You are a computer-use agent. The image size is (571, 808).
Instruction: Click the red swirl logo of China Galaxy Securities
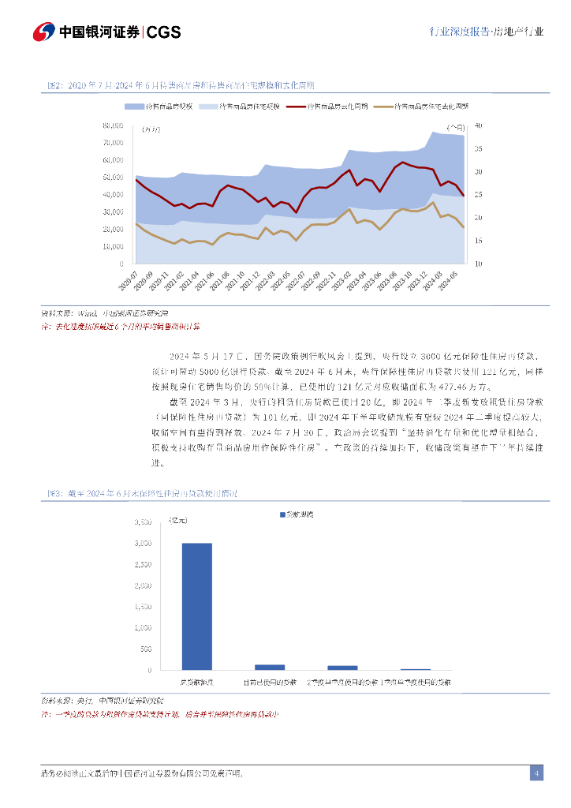[43, 32]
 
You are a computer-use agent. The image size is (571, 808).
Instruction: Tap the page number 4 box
[536, 773]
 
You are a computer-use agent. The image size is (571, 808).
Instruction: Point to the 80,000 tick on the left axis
[114, 125]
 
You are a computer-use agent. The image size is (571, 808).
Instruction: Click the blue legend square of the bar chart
[282, 514]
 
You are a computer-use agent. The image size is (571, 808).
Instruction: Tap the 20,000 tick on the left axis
[114, 229]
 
